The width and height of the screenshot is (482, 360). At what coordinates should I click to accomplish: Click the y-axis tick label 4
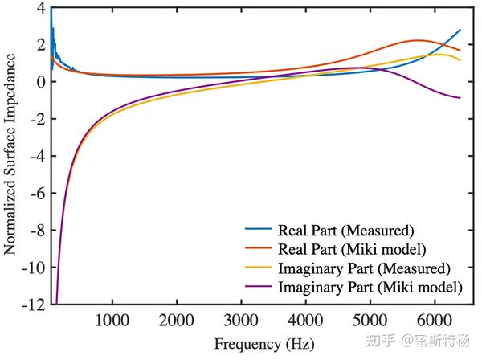pos(39,8)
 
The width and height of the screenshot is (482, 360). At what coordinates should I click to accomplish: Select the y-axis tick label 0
pos(39,82)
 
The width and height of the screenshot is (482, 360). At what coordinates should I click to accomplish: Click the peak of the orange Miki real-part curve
pos(418,40)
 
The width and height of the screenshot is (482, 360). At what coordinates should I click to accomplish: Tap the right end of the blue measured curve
pos(460,30)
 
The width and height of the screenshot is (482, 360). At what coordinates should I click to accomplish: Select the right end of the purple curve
pos(460,98)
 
